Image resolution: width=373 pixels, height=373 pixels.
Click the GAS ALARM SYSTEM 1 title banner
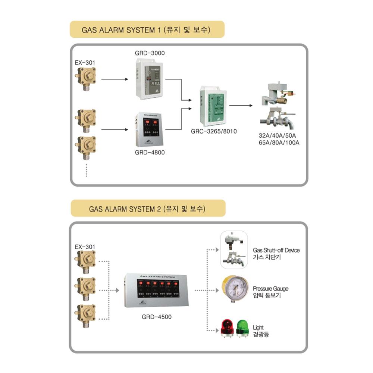click(147, 29)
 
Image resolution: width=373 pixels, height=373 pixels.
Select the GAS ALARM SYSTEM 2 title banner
click(148, 209)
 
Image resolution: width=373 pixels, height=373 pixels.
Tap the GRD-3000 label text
click(150, 53)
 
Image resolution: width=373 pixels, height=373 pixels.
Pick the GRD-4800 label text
click(150, 153)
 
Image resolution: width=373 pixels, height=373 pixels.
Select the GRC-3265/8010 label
click(214, 131)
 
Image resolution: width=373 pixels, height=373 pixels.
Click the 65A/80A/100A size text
click(279, 142)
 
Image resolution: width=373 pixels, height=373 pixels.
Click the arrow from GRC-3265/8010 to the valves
click(241, 106)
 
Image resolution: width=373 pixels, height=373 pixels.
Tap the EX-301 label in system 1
click(85, 63)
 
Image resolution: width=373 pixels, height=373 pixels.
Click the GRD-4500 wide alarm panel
click(157, 290)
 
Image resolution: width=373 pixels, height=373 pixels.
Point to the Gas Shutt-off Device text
click(276, 250)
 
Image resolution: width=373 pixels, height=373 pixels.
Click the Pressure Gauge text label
click(270, 289)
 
